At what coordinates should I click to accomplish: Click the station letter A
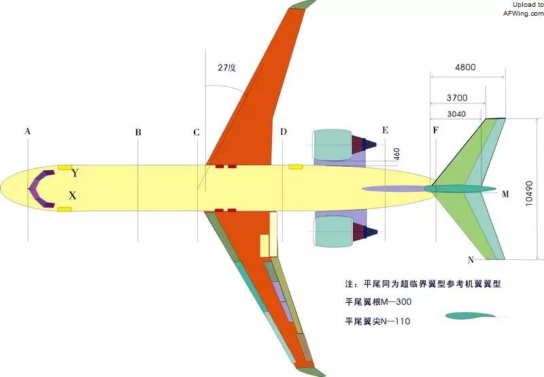tap(27, 131)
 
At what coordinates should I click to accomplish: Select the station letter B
tap(138, 133)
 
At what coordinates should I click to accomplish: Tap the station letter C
tap(197, 132)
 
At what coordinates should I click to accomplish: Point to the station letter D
tap(284, 131)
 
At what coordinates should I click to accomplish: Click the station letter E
tap(385, 130)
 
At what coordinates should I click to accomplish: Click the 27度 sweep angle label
tap(226, 68)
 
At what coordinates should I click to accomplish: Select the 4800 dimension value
tap(465, 67)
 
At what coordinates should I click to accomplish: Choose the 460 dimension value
tap(396, 154)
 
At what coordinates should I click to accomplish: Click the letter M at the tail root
tap(505, 194)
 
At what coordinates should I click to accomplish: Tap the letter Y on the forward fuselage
tap(75, 174)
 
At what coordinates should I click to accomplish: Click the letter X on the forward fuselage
tap(73, 195)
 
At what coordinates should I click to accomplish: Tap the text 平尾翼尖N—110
tap(378, 321)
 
